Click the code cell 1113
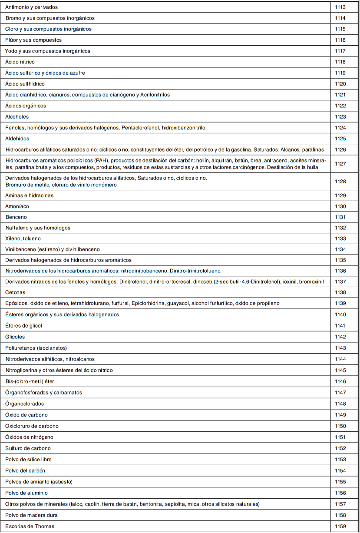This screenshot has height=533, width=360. point(340,7)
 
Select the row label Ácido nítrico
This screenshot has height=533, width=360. point(20,62)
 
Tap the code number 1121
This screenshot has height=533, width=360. point(340,95)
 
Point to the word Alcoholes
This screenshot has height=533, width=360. point(17,117)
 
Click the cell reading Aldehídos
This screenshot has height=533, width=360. point(17,139)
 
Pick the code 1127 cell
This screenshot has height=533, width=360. point(340,164)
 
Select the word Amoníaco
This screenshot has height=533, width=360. point(17,206)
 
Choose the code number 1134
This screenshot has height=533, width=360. point(340,249)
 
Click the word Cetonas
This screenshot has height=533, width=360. point(15,292)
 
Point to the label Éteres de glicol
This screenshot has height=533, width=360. point(23,326)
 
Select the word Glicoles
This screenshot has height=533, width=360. point(15,337)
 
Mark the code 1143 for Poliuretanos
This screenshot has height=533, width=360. point(340,348)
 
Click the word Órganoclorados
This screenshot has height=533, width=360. point(24,404)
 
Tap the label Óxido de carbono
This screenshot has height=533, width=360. point(26,415)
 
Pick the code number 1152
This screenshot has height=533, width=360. point(340,448)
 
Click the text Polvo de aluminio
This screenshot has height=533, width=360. point(26,493)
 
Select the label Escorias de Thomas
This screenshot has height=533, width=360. point(30,526)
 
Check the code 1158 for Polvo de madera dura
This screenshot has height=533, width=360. point(340,515)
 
